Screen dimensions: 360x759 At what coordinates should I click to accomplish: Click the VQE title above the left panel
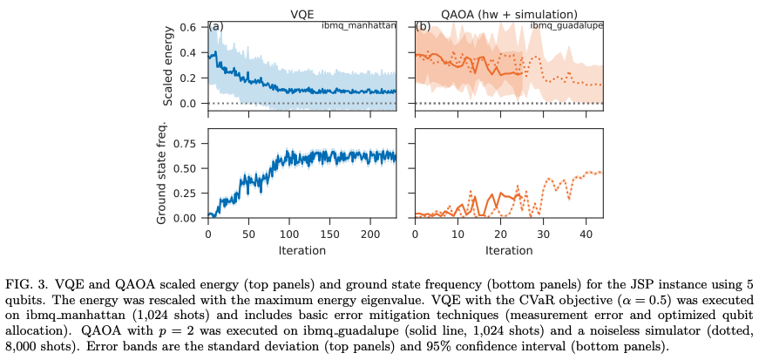click(x=302, y=13)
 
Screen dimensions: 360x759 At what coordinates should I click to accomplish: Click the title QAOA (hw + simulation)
click(x=509, y=13)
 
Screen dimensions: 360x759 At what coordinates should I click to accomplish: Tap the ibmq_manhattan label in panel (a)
click(x=358, y=25)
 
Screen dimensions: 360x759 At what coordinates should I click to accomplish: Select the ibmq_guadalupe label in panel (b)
click(x=566, y=25)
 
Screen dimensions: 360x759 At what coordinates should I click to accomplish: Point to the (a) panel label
click(x=215, y=26)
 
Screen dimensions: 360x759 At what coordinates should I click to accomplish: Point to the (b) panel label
click(x=423, y=26)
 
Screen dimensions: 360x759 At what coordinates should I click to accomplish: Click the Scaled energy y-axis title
click(x=167, y=66)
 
